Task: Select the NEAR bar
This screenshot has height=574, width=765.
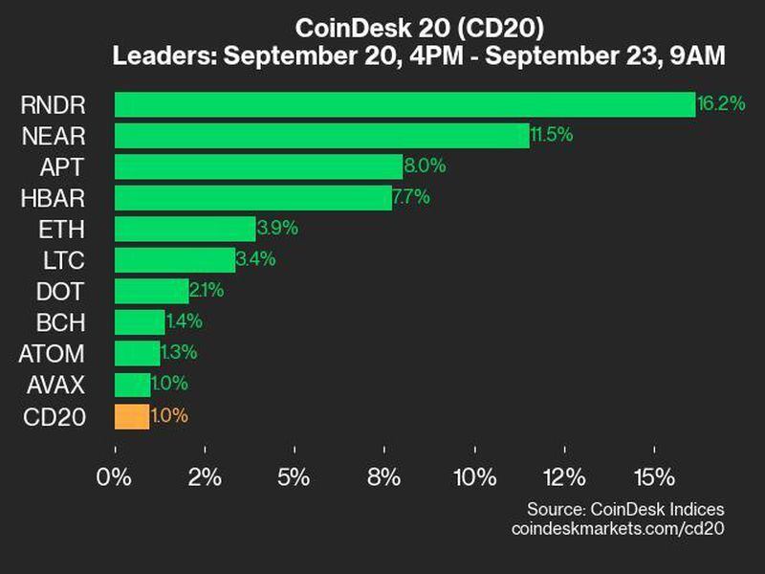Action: (x=321, y=135)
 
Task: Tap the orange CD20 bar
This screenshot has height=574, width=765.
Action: (x=132, y=416)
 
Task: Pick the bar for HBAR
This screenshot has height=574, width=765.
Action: (x=252, y=198)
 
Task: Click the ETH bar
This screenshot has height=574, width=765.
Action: (x=185, y=229)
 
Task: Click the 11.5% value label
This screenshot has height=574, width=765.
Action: (x=552, y=135)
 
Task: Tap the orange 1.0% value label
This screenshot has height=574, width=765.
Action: (x=169, y=416)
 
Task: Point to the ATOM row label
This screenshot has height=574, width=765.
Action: (x=52, y=354)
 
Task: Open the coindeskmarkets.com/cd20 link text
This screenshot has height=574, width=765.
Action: (x=618, y=528)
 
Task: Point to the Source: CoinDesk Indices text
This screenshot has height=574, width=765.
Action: (x=625, y=509)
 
